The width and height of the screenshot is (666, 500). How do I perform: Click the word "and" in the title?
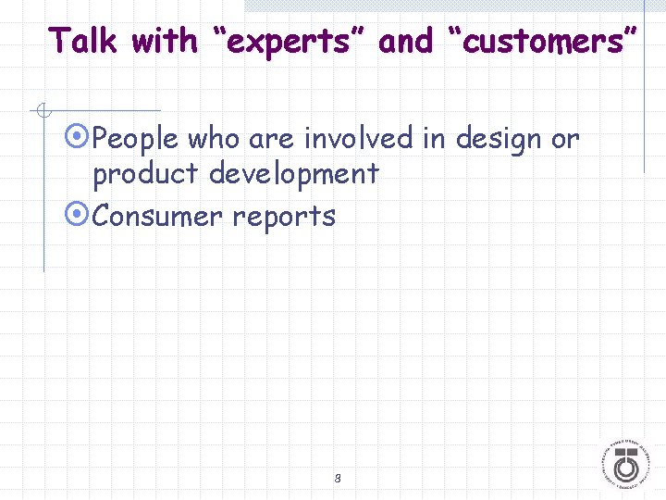pos(406,41)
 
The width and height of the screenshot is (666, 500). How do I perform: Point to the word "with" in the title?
pos(164,41)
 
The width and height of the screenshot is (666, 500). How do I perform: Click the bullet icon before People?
pos(80,139)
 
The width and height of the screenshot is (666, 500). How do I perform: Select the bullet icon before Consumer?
pos(80,216)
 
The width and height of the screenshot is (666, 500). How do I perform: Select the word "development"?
pos(293,174)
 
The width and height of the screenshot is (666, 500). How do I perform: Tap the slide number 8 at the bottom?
pos(338,479)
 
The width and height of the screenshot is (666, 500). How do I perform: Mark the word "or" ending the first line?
pos(565,139)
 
